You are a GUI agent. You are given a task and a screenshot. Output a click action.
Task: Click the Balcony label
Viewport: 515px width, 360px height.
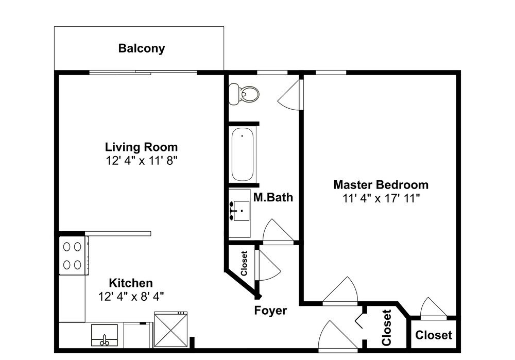(x=142, y=48)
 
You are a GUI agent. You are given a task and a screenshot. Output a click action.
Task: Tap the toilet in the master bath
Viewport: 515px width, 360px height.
(x=244, y=94)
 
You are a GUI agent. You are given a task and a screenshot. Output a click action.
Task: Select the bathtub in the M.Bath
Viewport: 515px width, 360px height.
(x=243, y=155)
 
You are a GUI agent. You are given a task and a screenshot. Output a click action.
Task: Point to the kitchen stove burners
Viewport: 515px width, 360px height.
(x=72, y=255)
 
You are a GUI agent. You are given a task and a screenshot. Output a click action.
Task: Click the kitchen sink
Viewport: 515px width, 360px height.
(x=105, y=335)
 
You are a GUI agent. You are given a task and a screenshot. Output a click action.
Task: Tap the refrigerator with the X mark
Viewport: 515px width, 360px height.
(x=171, y=330)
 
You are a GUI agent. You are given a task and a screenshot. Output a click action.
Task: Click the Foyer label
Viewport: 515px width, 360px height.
(x=270, y=311)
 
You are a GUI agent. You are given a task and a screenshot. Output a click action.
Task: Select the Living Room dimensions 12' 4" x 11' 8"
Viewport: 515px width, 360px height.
(x=142, y=161)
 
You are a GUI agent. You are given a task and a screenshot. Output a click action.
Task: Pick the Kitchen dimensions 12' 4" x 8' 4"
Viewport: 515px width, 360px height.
(x=131, y=297)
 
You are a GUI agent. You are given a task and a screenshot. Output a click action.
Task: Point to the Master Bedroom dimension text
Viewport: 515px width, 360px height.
(x=381, y=198)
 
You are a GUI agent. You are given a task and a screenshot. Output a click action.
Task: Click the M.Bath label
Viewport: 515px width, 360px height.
(x=273, y=197)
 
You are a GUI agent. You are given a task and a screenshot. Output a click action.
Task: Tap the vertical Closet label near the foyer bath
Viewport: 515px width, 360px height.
(x=244, y=263)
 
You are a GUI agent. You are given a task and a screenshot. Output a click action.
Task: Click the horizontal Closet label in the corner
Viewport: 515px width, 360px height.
(x=434, y=335)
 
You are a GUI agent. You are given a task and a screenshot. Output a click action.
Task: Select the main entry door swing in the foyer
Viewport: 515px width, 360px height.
(x=337, y=336)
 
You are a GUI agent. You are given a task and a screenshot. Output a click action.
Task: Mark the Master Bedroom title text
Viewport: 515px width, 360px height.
(x=381, y=184)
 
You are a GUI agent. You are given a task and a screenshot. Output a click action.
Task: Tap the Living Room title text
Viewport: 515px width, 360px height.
(x=142, y=147)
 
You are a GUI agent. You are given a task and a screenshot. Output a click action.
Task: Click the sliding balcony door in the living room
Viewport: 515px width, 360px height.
(x=143, y=72)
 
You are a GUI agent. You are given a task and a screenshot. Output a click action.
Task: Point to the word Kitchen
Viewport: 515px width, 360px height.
(x=131, y=283)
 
